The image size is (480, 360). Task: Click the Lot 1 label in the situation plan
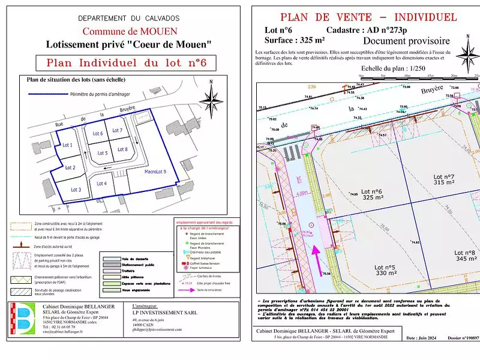click(67, 145)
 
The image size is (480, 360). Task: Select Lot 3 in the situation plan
click(76, 190)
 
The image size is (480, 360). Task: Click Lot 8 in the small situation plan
click(122, 149)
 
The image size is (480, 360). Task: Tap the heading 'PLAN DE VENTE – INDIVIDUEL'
click(368, 17)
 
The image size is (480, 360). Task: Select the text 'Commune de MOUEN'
click(129, 31)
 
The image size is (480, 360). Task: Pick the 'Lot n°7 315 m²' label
click(444, 179)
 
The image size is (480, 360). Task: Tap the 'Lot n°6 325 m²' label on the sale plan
click(373, 194)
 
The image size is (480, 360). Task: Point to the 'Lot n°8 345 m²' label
click(466, 256)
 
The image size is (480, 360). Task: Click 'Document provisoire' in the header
click(406, 41)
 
